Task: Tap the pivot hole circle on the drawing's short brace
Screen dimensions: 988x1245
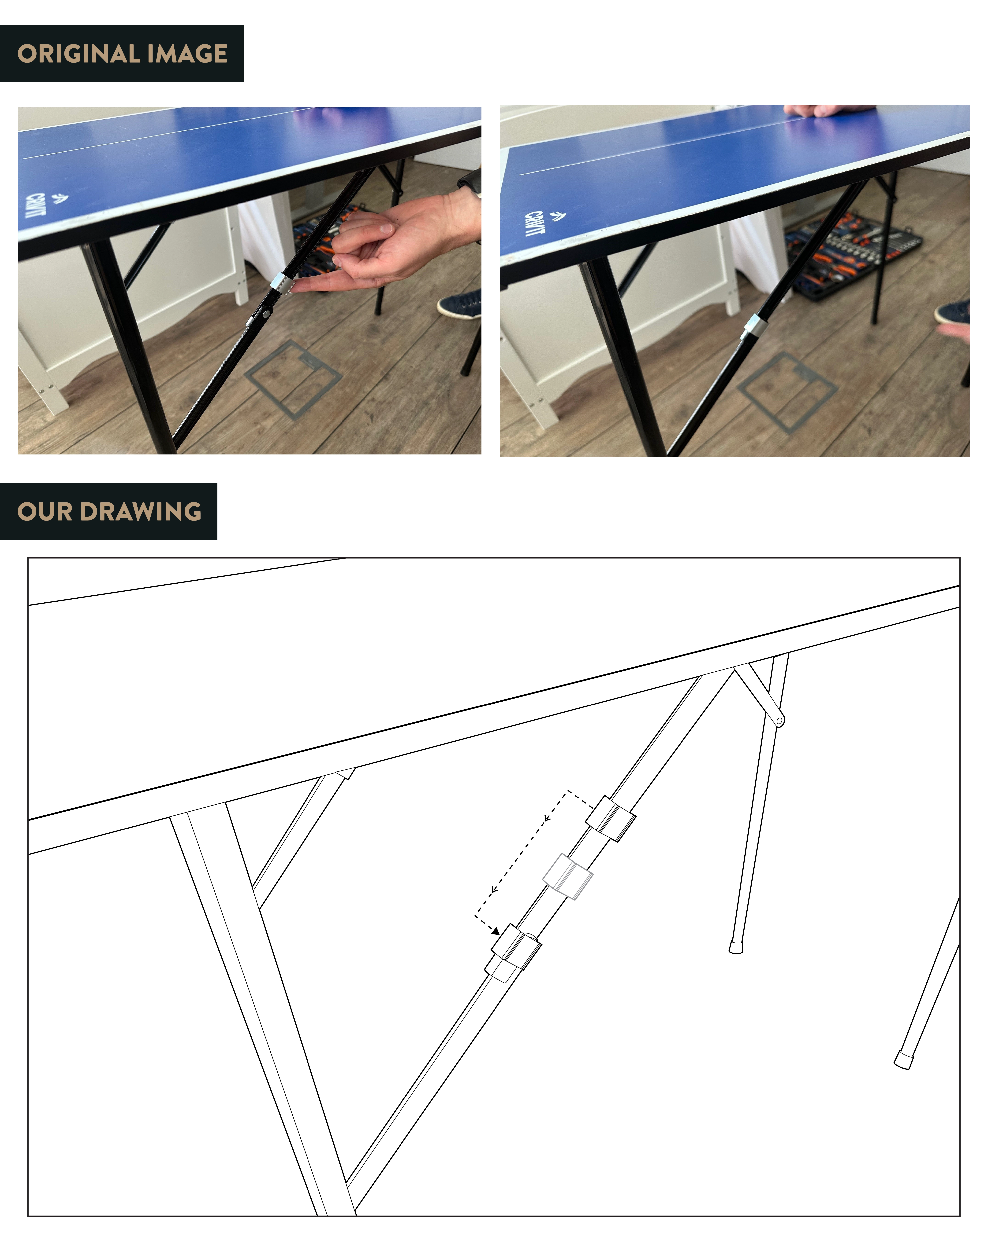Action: [779, 721]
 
